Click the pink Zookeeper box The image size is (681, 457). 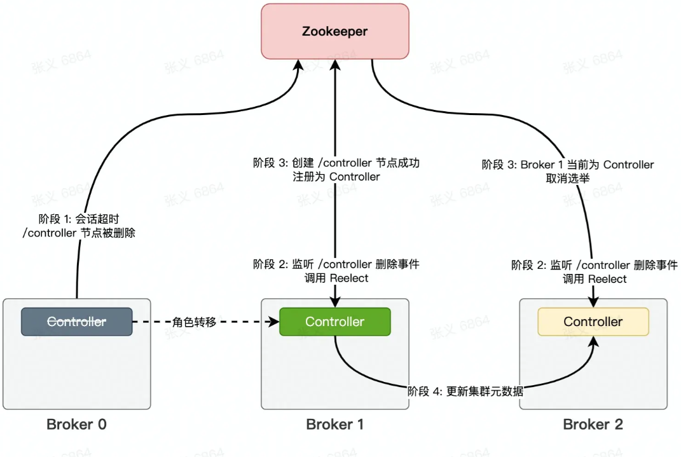point(334,31)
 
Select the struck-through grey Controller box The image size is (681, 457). point(76,322)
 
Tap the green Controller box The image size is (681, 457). point(334,322)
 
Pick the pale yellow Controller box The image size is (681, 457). point(593,322)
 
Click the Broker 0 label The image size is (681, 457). point(76,425)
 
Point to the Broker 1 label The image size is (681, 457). point(334,425)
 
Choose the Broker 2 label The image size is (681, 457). point(593,425)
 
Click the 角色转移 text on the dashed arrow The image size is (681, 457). point(195,322)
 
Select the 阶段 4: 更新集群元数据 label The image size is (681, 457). point(465,392)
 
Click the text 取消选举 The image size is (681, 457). point(567,179)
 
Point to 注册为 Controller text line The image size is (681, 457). point(333,177)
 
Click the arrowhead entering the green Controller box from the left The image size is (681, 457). point(275,322)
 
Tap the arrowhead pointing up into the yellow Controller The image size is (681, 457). point(594,341)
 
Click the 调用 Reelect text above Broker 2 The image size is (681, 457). point(595,279)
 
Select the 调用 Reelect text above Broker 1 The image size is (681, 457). point(336,278)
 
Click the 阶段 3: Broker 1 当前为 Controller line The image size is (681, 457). point(567,165)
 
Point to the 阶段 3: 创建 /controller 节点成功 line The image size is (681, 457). point(336,163)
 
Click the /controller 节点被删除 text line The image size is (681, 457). point(79,233)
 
